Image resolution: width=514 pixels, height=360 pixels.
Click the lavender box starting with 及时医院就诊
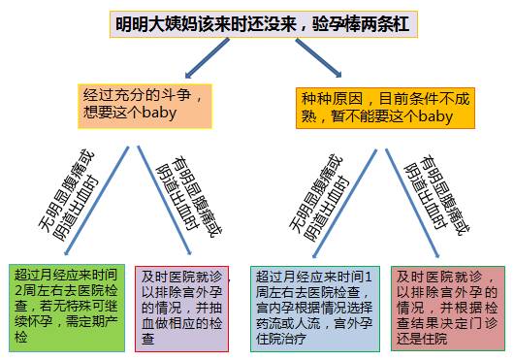[183, 307]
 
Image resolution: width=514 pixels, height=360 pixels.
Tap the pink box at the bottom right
[448, 307]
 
